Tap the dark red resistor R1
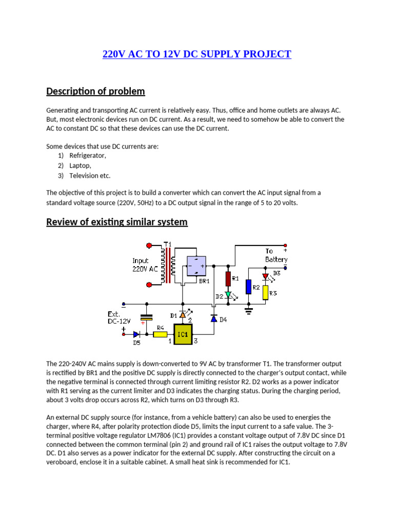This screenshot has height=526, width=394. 229,278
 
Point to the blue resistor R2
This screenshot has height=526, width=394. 248,287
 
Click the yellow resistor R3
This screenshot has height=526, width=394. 266,292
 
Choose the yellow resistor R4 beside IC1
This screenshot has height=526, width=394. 160,334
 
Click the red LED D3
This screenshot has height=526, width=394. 266,276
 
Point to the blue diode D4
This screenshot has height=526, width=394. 213,318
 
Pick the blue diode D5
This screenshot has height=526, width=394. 136,334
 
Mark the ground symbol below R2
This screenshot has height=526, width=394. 248,310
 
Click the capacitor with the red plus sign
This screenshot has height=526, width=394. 147,318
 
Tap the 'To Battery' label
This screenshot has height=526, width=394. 276,255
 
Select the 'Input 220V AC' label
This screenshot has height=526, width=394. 146,265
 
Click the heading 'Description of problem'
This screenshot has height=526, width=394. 95,91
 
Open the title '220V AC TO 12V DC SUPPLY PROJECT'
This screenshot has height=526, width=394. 196,54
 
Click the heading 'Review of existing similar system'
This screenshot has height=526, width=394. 117,222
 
